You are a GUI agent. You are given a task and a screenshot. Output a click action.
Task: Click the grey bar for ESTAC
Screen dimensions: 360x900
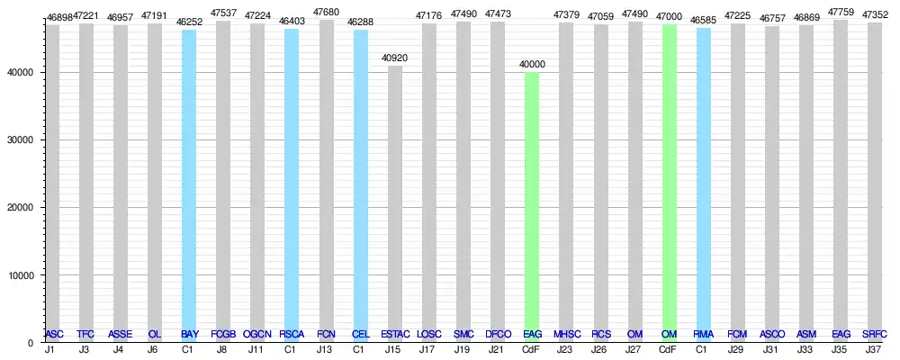click(395, 198)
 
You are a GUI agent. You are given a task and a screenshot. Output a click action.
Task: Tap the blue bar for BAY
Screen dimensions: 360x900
click(189, 180)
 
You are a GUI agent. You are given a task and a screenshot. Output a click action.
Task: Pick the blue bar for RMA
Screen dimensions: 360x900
click(704, 180)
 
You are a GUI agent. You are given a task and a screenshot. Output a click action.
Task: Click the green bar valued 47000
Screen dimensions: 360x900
click(669, 180)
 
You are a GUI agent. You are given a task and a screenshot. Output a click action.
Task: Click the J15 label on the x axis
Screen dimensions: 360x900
click(392, 349)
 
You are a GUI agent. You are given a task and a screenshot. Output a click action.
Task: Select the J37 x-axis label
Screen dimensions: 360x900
click(872, 349)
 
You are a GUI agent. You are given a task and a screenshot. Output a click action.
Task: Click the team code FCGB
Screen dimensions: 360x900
click(223, 334)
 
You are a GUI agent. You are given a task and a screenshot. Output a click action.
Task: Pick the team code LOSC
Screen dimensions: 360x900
click(429, 334)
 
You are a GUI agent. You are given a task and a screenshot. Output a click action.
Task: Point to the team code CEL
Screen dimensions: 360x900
click(360, 334)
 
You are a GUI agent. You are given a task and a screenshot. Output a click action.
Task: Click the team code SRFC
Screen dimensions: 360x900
click(874, 334)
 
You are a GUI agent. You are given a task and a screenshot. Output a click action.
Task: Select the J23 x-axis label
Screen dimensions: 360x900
click(564, 349)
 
